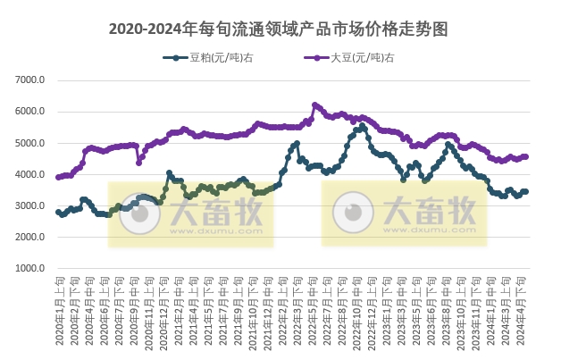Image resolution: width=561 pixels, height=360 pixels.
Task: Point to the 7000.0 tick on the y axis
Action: [x=30, y=80]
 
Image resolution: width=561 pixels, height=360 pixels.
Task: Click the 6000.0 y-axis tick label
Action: [x=30, y=112]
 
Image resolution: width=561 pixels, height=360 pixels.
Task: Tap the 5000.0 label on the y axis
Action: [x=30, y=143]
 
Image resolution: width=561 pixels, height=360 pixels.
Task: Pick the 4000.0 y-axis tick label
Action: [x=30, y=174]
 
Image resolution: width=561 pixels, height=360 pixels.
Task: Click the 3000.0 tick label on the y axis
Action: [x=30, y=205]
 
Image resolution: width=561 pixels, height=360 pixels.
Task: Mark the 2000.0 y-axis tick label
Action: [x=30, y=237]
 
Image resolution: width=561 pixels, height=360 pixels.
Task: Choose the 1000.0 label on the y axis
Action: [x=30, y=268]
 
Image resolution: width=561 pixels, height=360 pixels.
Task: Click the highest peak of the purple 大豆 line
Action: [x=314, y=105]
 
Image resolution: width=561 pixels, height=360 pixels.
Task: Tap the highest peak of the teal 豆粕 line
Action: [x=362, y=128]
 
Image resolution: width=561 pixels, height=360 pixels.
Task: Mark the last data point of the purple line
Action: [x=526, y=156]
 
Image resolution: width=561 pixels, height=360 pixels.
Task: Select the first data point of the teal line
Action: [x=58, y=212]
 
